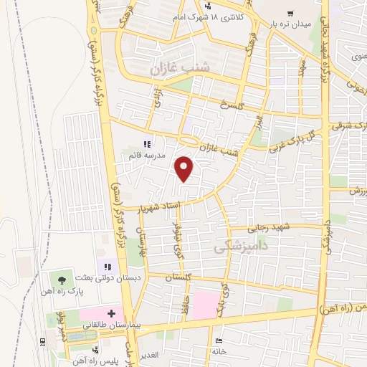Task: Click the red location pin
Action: tap(185, 168)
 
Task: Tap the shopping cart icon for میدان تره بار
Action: tap(290, 12)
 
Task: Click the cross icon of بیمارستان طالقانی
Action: tap(110, 313)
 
